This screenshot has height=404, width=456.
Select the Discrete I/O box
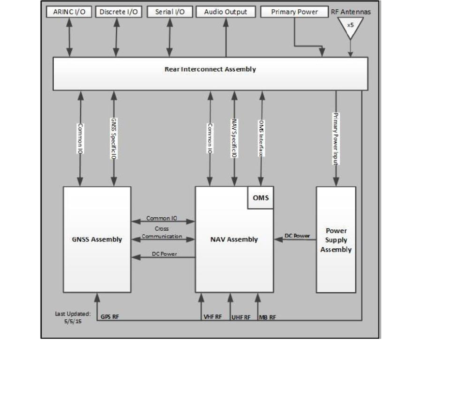point(119,12)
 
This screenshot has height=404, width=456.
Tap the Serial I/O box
point(169,12)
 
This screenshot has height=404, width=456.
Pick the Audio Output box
point(225,12)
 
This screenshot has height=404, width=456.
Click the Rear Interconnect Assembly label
point(210,69)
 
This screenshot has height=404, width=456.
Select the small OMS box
point(260,198)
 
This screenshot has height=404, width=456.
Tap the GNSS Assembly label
point(97,239)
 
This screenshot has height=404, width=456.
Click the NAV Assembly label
point(234,239)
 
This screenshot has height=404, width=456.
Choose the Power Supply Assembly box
point(336,240)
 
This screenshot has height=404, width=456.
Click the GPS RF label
point(108,317)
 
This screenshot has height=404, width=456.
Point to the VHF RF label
point(212,317)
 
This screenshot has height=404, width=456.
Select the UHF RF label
point(241,317)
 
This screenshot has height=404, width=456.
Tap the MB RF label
point(268,317)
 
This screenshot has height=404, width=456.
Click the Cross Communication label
point(162,232)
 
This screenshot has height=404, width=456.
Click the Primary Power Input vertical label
point(335,138)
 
